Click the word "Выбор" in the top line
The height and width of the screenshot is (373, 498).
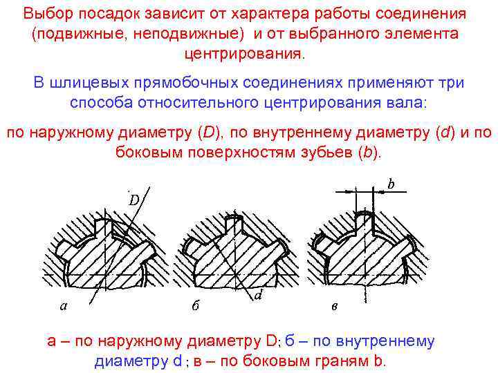(44, 14)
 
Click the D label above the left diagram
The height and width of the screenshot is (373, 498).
(134, 200)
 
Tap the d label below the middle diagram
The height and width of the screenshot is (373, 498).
(257, 296)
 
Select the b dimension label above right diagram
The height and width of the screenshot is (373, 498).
(391, 184)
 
